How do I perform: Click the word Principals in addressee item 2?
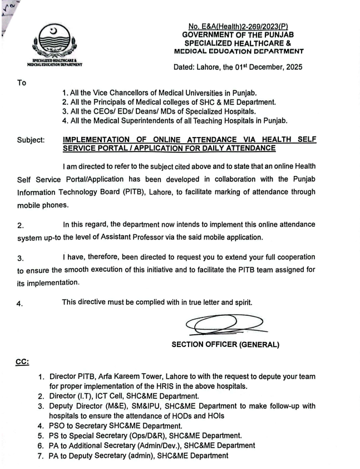tap(112, 102)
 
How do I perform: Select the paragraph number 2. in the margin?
tap(21, 226)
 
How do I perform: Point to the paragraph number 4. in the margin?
tap(21, 304)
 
